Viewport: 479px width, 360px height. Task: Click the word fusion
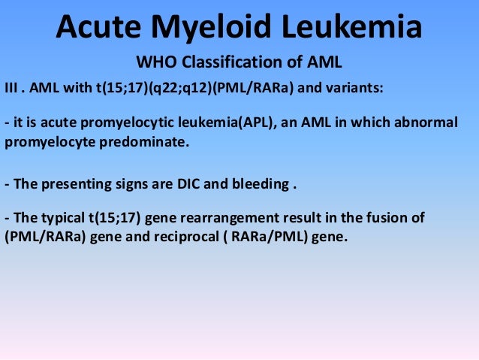[390, 218]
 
